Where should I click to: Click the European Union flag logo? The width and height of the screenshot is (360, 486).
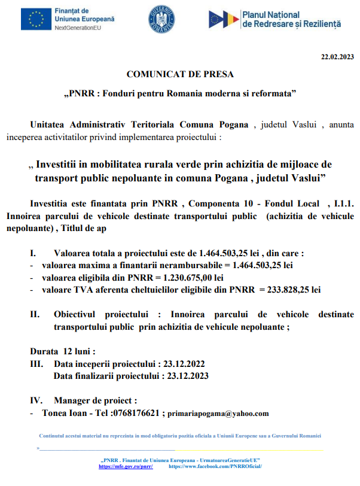click(35, 19)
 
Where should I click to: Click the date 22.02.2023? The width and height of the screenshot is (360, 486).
click(337, 57)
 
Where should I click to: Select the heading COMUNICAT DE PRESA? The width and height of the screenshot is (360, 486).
click(180, 74)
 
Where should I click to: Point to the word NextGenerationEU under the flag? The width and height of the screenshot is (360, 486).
click(78, 28)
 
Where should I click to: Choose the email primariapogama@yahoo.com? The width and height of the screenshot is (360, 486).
click(218, 414)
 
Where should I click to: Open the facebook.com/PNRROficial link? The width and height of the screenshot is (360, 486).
click(216, 466)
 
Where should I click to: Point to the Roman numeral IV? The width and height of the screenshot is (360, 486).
click(36, 400)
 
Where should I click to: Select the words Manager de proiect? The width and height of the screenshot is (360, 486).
click(95, 400)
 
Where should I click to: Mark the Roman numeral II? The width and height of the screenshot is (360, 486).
click(35, 314)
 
